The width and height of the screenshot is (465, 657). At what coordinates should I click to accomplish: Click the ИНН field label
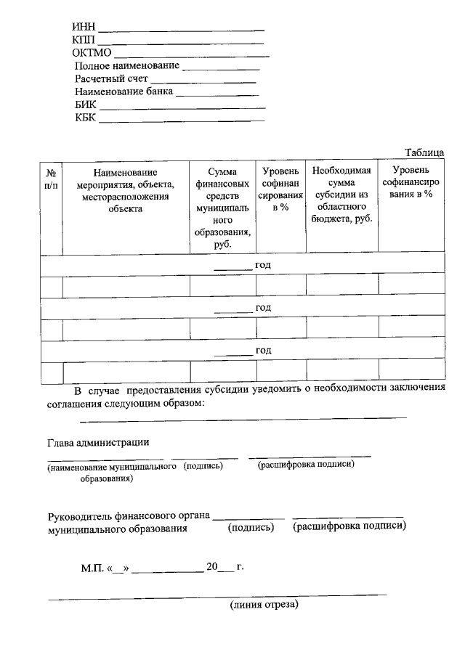pyautogui.click(x=84, y=28)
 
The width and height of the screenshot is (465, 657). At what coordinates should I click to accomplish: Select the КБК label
pyautogui.click(x=85, y=118)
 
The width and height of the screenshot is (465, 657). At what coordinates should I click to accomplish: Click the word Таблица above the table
pyautogui.click(x=424, y=152)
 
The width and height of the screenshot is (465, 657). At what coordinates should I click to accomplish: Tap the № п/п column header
pyautogui.click(x=52, y=179)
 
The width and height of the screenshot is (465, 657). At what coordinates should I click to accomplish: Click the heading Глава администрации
pyautogui.click(x=99, y=442)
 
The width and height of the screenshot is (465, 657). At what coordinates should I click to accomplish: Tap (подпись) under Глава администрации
pyautogui.click(x=203, y=466)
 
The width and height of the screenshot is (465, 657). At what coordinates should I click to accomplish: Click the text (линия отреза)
pyautogui.click(x=264, y=604)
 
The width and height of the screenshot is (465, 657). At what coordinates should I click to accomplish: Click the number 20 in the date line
pyautogui.click(x=212, y=566)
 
